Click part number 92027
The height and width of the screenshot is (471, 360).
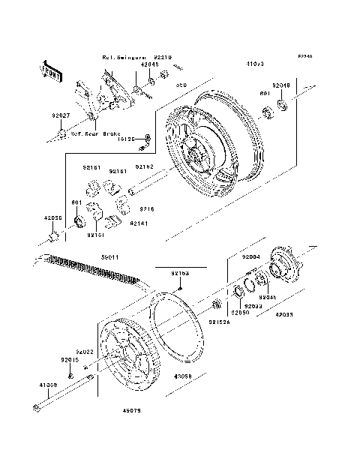pos(61,115)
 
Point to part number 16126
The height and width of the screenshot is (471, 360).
pos(128,139)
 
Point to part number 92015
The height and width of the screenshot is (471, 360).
pos(70,359)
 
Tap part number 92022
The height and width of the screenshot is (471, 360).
pos(84,350)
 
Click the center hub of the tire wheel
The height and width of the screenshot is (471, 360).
pos(197,155)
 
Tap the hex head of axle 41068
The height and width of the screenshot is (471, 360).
pos(36,408)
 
